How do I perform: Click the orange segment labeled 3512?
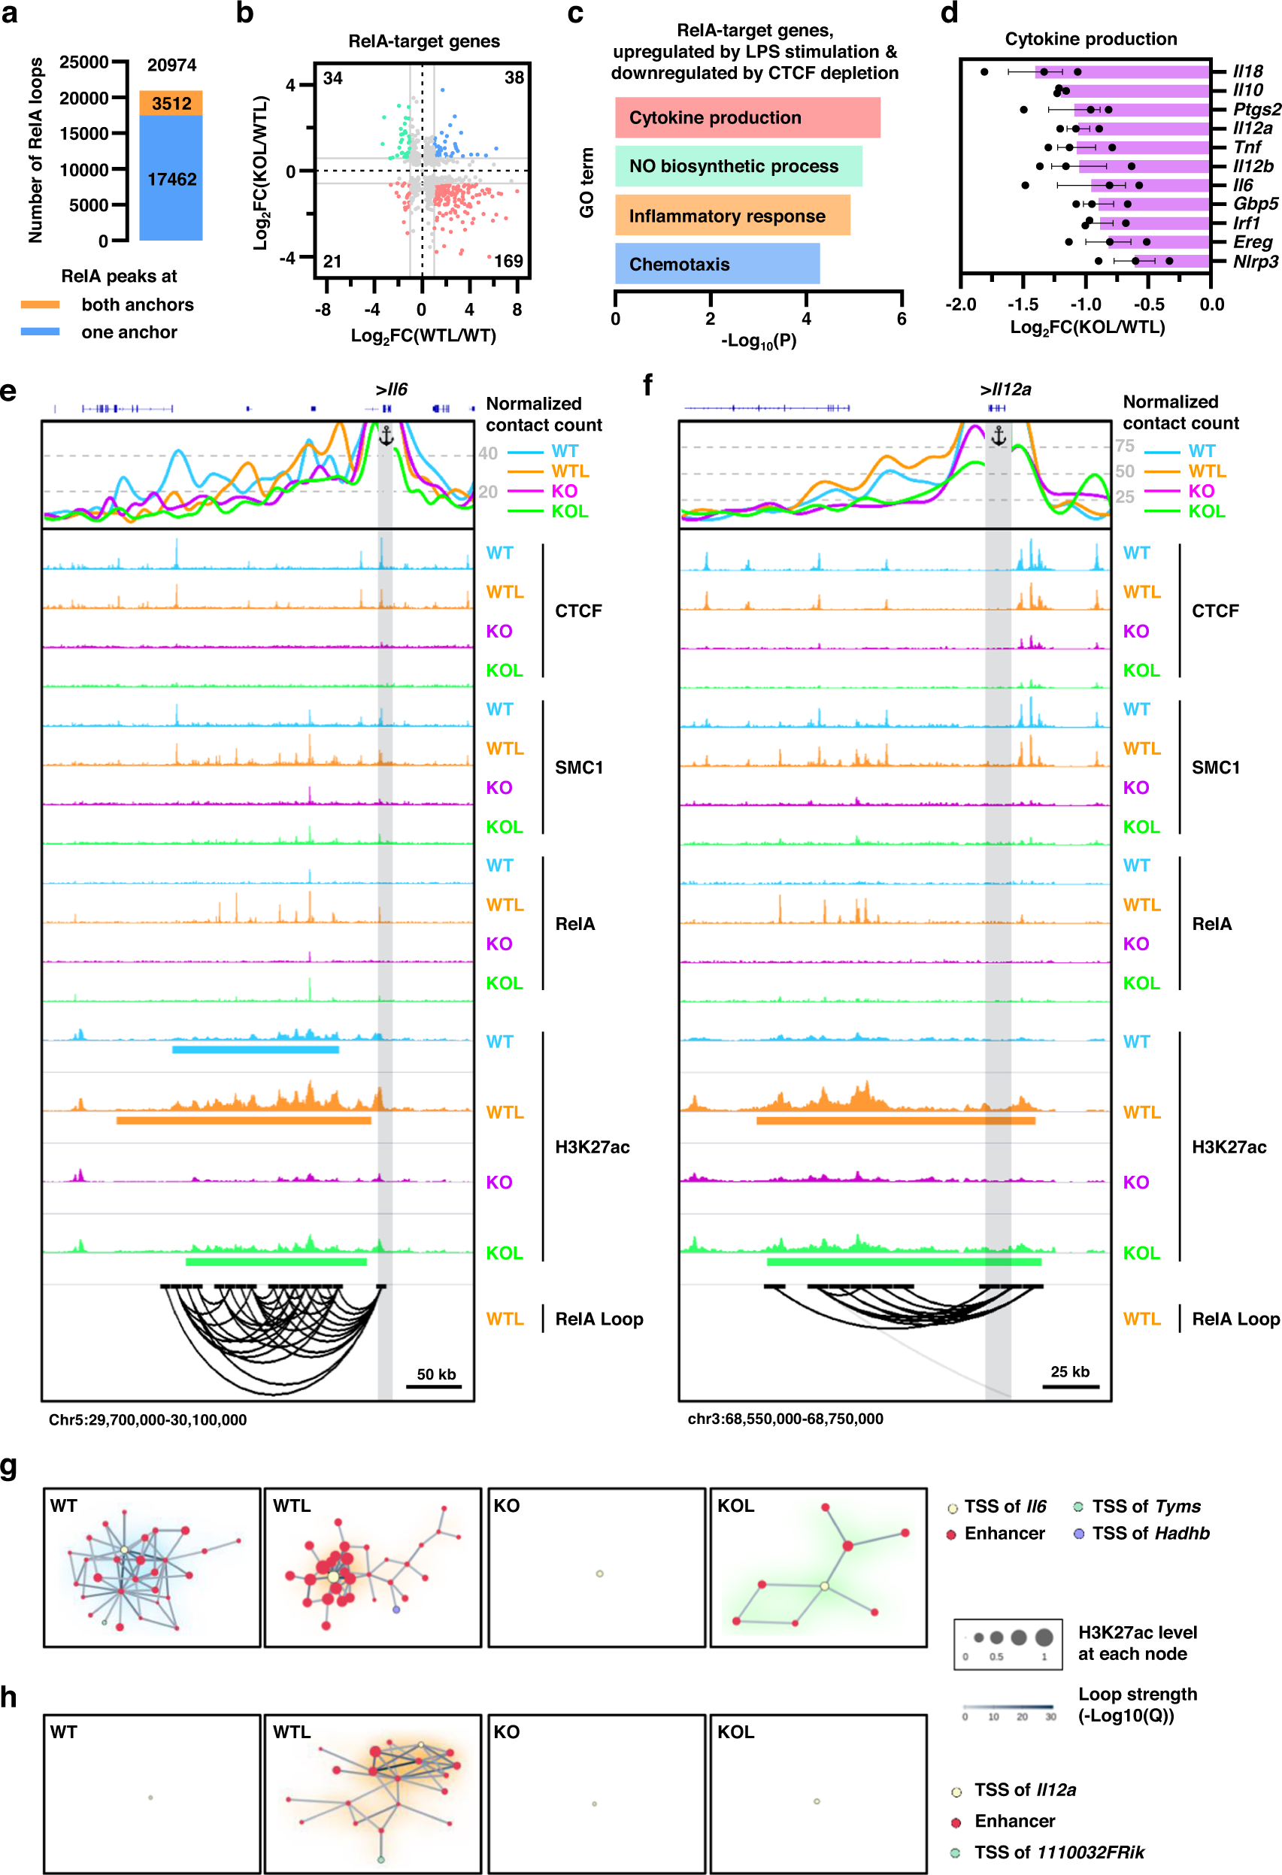coord(171,103)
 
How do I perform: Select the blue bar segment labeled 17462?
coord(171,179)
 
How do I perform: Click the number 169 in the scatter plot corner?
coord(508,261)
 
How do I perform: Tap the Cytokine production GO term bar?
coord(747,118)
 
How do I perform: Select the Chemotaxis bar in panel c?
coord(717,264)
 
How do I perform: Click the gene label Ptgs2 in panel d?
coord(1256,109)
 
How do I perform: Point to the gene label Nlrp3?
coord(1255,262)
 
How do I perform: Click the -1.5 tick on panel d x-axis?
coord(1023,304)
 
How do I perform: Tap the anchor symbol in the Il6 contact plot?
coord(386,436)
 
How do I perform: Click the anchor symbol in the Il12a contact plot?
coord(999,436)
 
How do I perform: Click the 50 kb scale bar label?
coord(435,1374)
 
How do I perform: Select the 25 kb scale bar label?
coord(1070,1371)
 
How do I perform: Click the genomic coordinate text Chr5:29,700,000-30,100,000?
coord(147,1420)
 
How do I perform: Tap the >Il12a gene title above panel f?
coord(1005,389)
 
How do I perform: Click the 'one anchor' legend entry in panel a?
coord(129,332)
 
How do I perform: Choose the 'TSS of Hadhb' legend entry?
coord(1150,1533)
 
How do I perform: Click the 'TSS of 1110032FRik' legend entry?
coord(1058,1852)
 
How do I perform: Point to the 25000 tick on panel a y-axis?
coord(84,62)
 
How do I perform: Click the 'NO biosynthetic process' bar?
coord(738,166)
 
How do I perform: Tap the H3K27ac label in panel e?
coord(592,1147)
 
